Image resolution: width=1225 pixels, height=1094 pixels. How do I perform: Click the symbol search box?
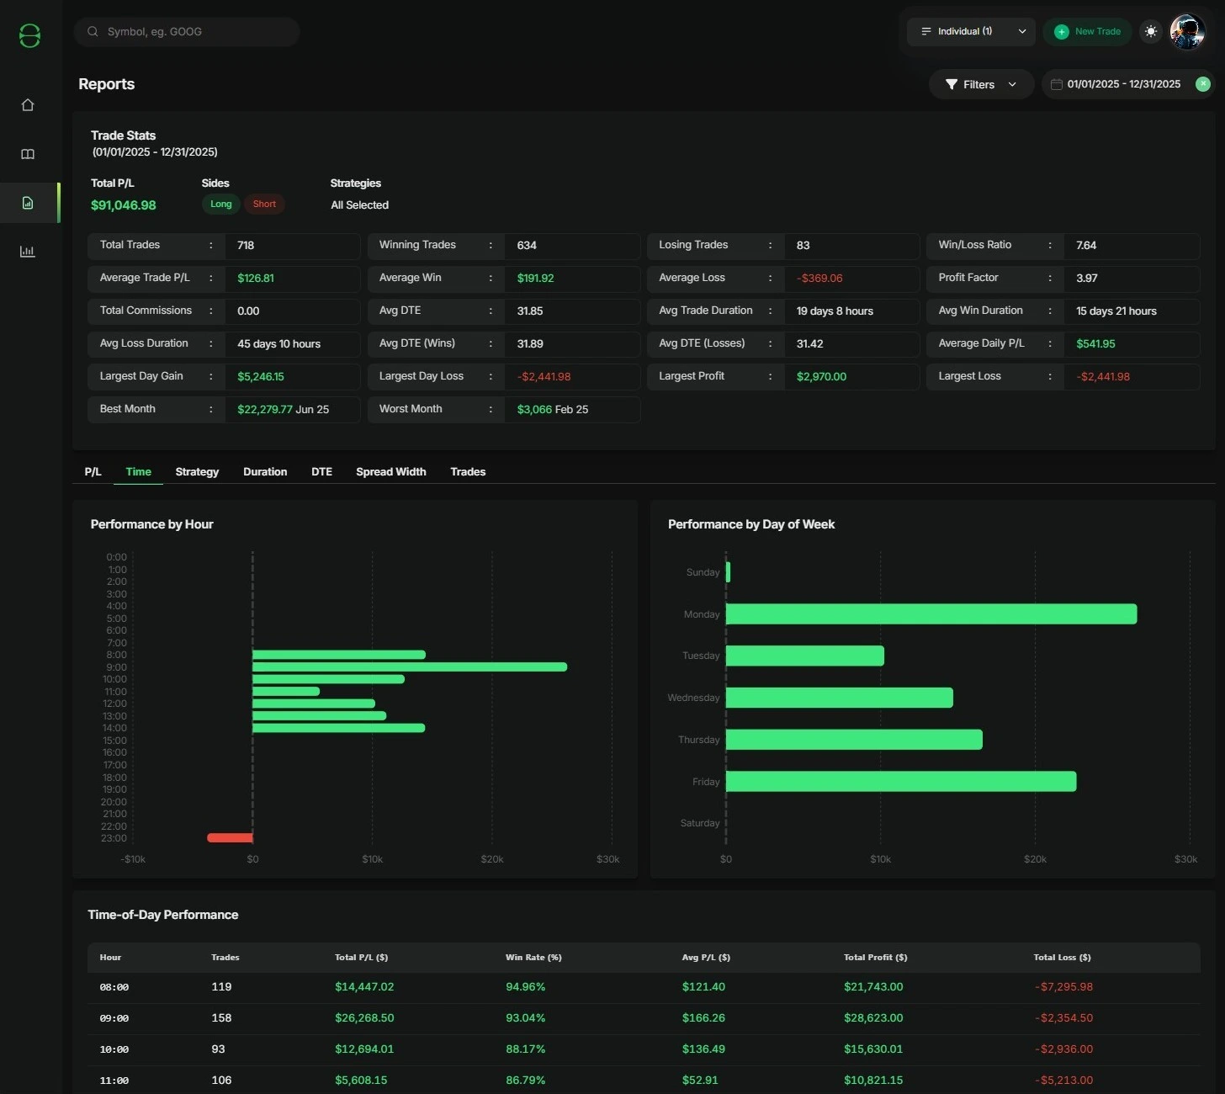(x=187, y=32)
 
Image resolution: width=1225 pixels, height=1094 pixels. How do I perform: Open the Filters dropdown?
(x=981, y=84)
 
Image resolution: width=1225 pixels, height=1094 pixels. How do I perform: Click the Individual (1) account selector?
(x=971, y=32)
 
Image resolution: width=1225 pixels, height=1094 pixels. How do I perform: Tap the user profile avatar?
(x=1187, y=32)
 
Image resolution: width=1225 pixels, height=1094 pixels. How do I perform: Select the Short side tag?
(x=264, y=204)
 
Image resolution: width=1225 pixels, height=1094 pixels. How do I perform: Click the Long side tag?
(x=220, y=204)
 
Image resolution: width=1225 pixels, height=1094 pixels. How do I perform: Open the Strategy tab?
(x=197, y=472)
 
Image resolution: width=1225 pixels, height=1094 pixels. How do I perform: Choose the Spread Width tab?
(x=390, y=472)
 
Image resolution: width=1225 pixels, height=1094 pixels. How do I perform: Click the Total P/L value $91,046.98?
(x=124, y=205)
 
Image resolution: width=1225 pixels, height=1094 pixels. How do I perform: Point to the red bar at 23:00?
(x=230, y=838)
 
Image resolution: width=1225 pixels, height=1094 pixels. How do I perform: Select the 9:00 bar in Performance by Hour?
(x=410, y=667)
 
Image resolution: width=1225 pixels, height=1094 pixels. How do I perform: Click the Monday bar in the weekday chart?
(x=931, y=614)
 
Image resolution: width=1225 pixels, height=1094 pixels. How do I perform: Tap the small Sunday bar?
(x=728, y=572)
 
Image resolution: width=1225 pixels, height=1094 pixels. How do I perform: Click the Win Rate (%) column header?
(x=533, y=958)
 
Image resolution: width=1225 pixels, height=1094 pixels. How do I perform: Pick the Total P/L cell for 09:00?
(x=364, y=1018)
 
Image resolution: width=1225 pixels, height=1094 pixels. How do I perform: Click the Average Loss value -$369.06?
(x=819, y=279)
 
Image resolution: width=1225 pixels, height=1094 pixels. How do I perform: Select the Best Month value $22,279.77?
(x=265, y=410)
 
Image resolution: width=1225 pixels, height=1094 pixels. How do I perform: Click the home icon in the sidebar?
(x=28, y=105)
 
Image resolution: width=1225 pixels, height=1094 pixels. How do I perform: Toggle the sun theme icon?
(x=1151, y=32)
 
